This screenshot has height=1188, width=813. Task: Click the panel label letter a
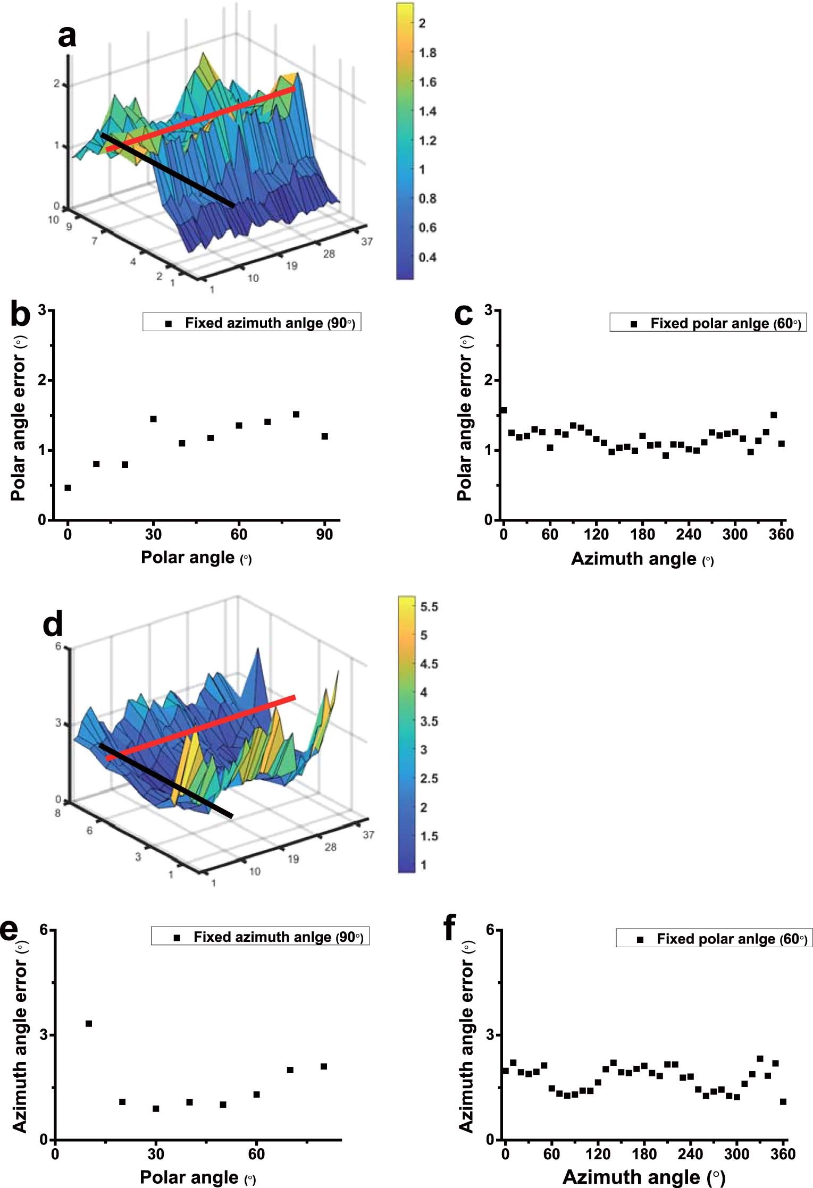pos(67,37)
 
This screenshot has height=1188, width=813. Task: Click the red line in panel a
pos(201,120)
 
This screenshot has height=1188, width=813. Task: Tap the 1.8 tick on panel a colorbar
pos(427,53)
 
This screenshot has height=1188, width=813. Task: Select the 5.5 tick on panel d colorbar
pos(429,606)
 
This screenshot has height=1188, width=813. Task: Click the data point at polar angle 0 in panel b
pos(68,487)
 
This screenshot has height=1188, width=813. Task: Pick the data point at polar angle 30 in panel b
pos(153,419)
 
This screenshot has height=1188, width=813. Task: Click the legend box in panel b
pos(252,323)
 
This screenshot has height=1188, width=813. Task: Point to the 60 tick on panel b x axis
pos(239,534)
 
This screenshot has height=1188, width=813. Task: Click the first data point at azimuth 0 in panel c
pos(504,410)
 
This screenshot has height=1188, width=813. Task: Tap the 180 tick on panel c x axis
pos(642,534)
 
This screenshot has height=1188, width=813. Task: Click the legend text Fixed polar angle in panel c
pos(725,323)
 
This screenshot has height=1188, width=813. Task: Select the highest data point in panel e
pos(89,1023)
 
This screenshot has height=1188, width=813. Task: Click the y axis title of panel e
pos(20,1037)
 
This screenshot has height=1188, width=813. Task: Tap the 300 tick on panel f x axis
pos(736,1153)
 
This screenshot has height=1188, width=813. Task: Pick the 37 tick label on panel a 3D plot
pos(367,241)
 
